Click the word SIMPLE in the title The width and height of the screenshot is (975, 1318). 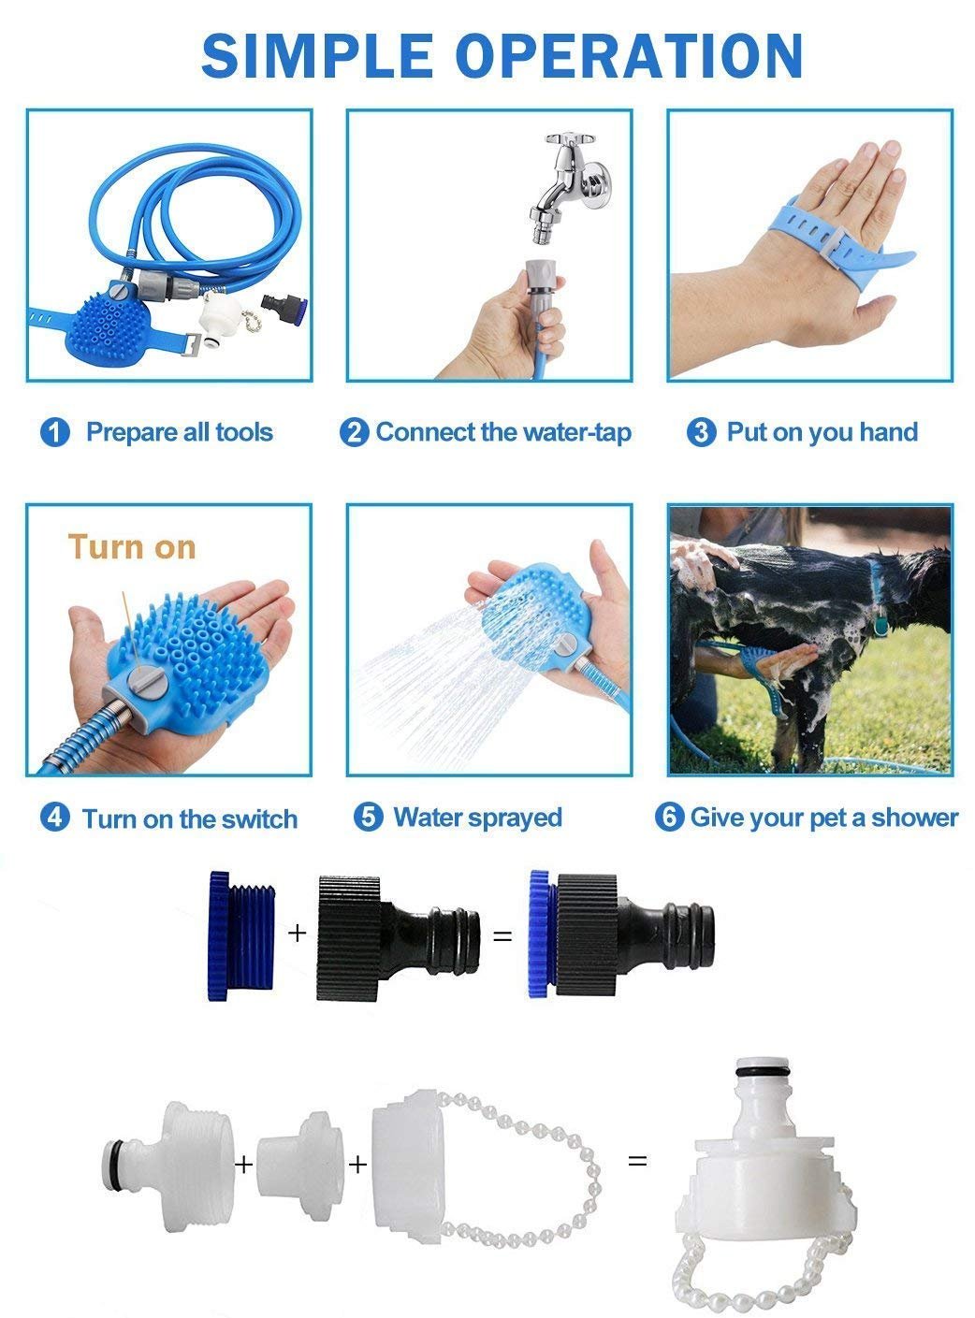point(317,56)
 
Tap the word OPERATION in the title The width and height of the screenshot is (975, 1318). point(632,56)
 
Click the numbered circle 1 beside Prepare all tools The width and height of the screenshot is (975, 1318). point(55,432)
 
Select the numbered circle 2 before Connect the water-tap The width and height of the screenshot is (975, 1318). point(355,432)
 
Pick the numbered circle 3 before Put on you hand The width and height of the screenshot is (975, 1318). point(702,432)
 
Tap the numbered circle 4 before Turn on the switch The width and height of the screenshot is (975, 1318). point(55,818)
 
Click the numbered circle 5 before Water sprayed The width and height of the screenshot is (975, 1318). point(369,817)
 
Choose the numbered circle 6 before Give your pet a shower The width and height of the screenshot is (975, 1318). point(669,817)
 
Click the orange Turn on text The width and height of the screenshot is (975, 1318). point(132,547)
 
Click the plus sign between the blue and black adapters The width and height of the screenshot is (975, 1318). point(297,933)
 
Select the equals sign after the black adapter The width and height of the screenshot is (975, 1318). point(503,936)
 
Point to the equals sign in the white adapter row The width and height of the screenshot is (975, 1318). point(637,1159)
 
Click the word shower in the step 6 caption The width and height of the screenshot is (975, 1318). point(914,818)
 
